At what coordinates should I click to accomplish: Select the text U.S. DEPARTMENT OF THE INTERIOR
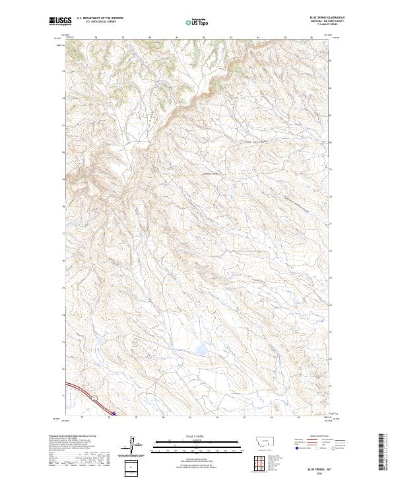tap(100, 18)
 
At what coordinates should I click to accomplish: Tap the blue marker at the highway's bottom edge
tap(114, 414)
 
